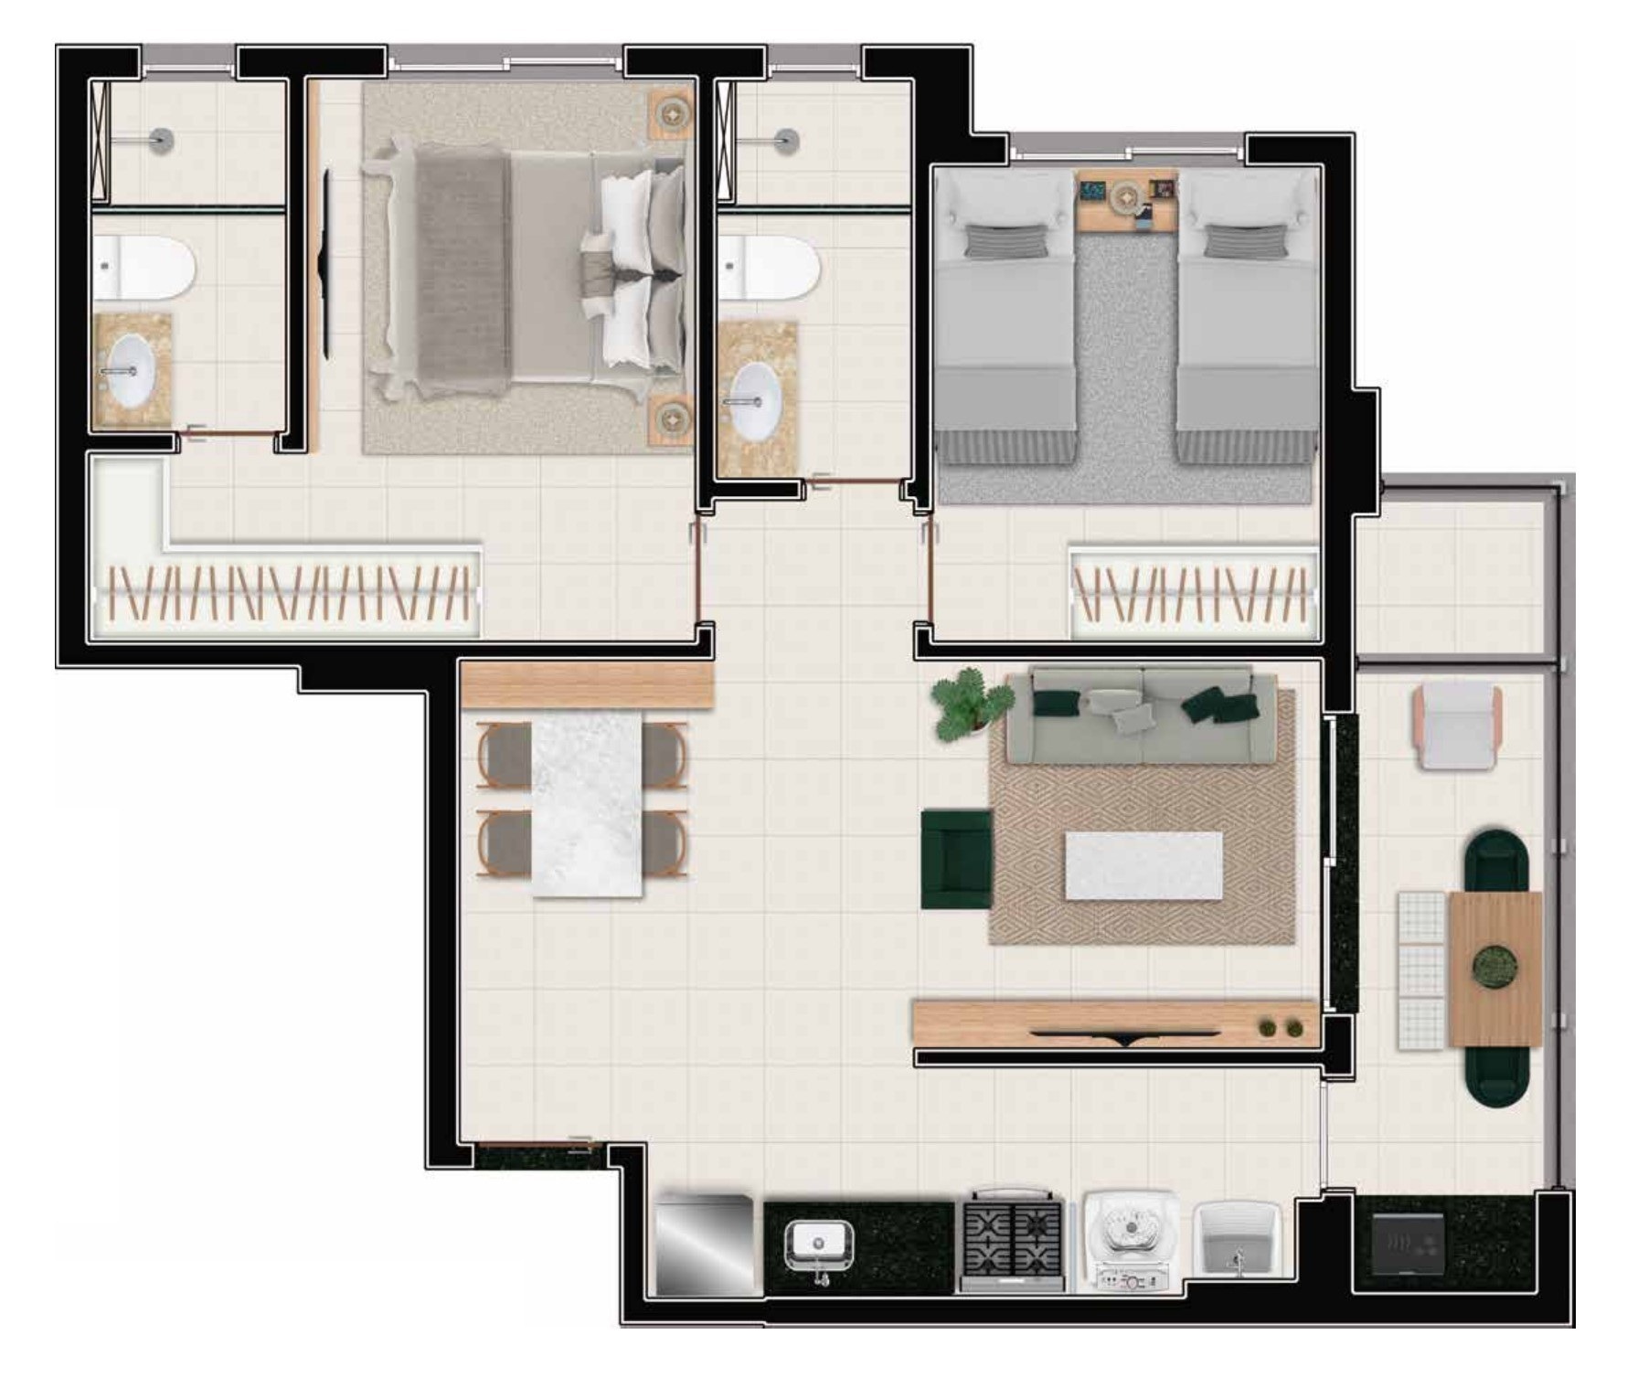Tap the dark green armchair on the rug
tap(955, 858)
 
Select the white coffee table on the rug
tap(1143, 864)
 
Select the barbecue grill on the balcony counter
tap(1408, 1244)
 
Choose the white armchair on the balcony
tap(1457, 727)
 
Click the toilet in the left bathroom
tap(146, 268)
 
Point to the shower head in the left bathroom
tap(161, 139)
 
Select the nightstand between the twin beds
tap(1126, 200)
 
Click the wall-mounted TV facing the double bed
tap(324, 260)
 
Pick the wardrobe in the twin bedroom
tap(1193, 592)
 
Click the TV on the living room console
tap(1126, 1035)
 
